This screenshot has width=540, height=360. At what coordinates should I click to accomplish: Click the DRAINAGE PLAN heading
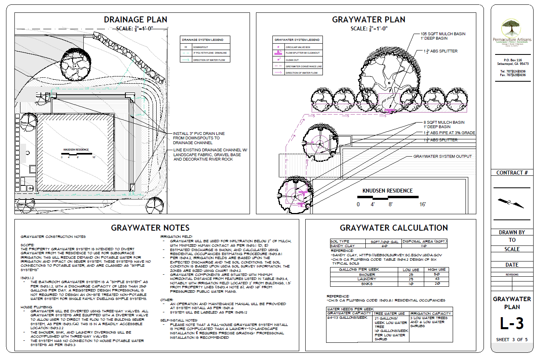(135, 20)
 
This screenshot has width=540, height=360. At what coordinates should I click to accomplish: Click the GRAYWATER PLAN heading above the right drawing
(369, 20)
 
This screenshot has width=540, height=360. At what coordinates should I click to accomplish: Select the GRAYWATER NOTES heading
(150, 228)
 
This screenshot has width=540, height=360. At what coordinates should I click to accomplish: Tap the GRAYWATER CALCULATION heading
(394, 228)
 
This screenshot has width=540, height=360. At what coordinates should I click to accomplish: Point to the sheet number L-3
(512, 324)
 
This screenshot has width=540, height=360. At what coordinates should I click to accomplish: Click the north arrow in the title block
(511, 203)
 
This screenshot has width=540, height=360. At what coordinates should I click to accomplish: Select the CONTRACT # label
(512, 173)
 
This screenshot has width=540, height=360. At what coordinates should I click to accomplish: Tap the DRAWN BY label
(512, 232)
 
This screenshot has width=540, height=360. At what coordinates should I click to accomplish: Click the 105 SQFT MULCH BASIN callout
(443, 34)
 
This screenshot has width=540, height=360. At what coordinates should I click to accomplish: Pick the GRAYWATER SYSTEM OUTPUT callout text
(442, 157)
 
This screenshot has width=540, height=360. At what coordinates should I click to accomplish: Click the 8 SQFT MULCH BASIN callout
(444, 123)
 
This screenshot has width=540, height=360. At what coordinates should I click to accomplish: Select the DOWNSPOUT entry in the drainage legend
(201, 47)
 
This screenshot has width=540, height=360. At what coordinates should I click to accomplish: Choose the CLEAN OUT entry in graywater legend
(292, 60)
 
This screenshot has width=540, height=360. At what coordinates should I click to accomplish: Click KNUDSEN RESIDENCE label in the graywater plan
(387, 191)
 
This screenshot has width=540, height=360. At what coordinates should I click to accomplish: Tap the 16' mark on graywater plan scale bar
(423, 205)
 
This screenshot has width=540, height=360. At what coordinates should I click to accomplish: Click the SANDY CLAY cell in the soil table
(343, 246)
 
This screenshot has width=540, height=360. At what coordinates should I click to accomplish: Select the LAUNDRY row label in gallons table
(367, 279)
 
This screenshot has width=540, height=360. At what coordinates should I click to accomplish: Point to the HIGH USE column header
(437, 269)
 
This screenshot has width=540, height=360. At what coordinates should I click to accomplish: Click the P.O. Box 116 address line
(513, 60)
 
